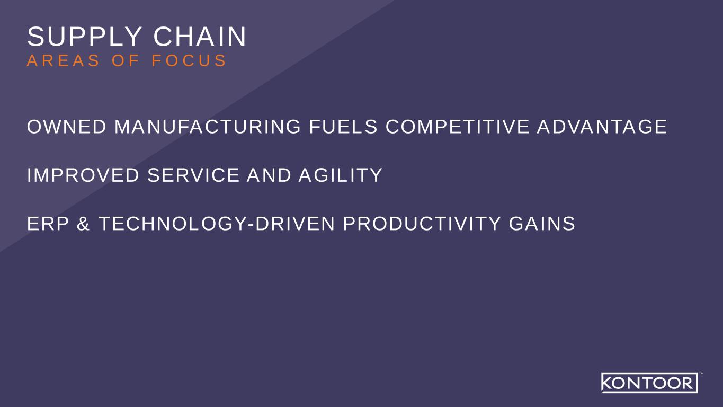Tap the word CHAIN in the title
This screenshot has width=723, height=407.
200,37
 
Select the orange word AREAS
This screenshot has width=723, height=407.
63,61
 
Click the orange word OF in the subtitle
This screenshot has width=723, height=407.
126,61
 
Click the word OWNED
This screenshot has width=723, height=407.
67,127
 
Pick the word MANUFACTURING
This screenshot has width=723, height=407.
208,127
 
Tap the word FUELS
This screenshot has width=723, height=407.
343,127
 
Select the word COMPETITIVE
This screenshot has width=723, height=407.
457,127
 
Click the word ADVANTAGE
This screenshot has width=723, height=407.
602,127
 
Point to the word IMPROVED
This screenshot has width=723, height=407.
83,175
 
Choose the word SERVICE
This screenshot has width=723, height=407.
193,175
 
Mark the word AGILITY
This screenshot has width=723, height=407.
341,175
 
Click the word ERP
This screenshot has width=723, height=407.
48,224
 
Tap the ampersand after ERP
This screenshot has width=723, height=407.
83,224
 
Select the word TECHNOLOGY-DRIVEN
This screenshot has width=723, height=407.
217,224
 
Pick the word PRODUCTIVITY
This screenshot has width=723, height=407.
422,224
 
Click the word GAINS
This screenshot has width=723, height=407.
542,224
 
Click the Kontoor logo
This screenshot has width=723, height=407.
649,383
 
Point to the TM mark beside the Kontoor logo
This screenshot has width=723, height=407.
701,374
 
